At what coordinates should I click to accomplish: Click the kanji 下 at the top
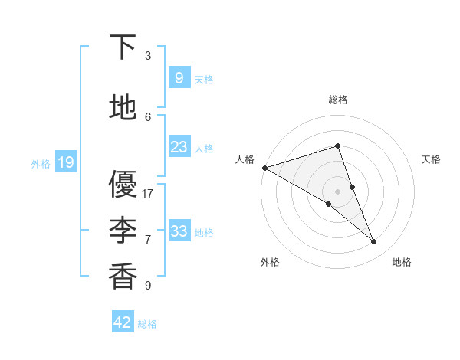pyautogui.click(x=123, y=47)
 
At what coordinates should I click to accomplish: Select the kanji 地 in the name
pyautogui.click(x=123, y=108)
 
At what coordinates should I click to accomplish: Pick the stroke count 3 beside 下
pyautogui.click(x=148, y=56)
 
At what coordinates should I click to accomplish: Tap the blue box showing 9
pyautogui.click(x=179, y=78)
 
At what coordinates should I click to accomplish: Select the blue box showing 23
pyautogui.click(x=179, y=147)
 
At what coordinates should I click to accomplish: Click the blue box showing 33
pyautogui.click(x=179, y=231)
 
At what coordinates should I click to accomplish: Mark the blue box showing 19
pyautogui.click(x=65, y=162)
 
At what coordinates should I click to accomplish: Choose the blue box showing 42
pyautogui.click(x=123, y=322)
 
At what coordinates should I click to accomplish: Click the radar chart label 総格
pyautogui.click(x=338, y=100)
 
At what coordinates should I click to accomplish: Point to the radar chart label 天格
pyautogui.click(x=432, y=159)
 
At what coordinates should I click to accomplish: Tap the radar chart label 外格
pyautogui.click(x=270, y=262)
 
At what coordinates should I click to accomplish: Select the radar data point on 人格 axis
pyautogui.click(x=264, y=168)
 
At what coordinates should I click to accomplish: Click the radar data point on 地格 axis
pyautogui.click(x=374, y=242)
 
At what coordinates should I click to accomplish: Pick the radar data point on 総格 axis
pyautogui.click(x=337, y=146)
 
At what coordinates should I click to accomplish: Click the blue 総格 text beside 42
pyautogui.click(x=147, y=324)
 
